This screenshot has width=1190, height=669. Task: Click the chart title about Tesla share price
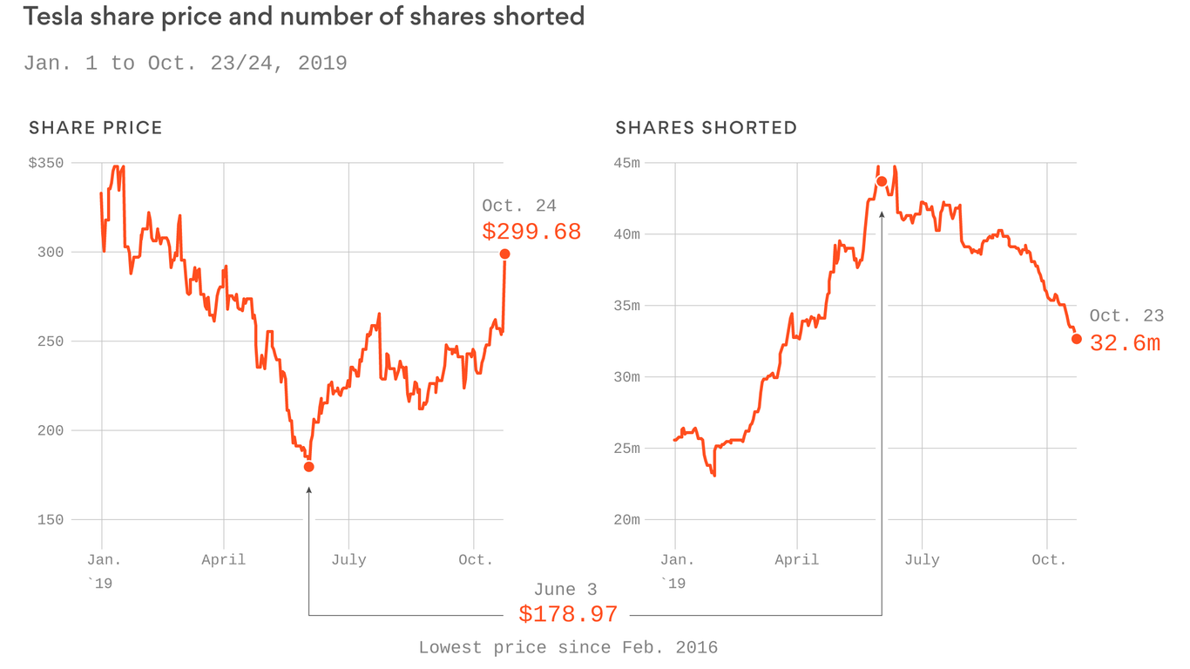[303, 17]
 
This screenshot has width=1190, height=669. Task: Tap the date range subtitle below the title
[185, 64]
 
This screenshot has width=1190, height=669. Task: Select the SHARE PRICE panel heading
[96, 128]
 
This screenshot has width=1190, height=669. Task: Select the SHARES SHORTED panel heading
[706, 128]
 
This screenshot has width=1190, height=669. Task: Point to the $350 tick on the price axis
[45, 163]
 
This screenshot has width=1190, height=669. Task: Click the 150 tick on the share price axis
[51, 520]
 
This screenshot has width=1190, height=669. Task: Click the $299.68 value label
[531, 232]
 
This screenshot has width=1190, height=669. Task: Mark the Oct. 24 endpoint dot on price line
[504, 254]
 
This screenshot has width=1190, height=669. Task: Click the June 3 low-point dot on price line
[308, 467]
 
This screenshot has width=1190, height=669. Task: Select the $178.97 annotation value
[568, 614]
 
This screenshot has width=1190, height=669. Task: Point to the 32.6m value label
[1125, 343]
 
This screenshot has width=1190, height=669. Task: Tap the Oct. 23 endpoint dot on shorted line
[1077, 339]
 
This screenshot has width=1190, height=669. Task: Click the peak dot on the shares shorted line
[882, 181]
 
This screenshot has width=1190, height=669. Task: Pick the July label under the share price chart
[348, 560]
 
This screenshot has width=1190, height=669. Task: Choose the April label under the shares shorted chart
[796, 560]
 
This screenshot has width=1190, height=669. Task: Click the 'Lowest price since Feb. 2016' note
[568, 647]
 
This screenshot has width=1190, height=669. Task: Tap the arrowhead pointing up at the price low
[308, 491]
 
